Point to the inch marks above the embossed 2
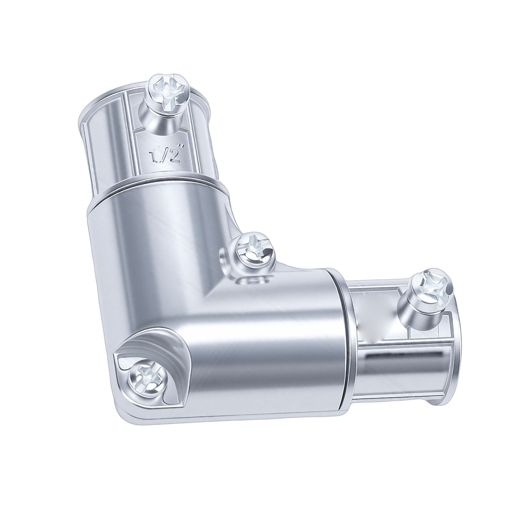(x=181, y=146)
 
